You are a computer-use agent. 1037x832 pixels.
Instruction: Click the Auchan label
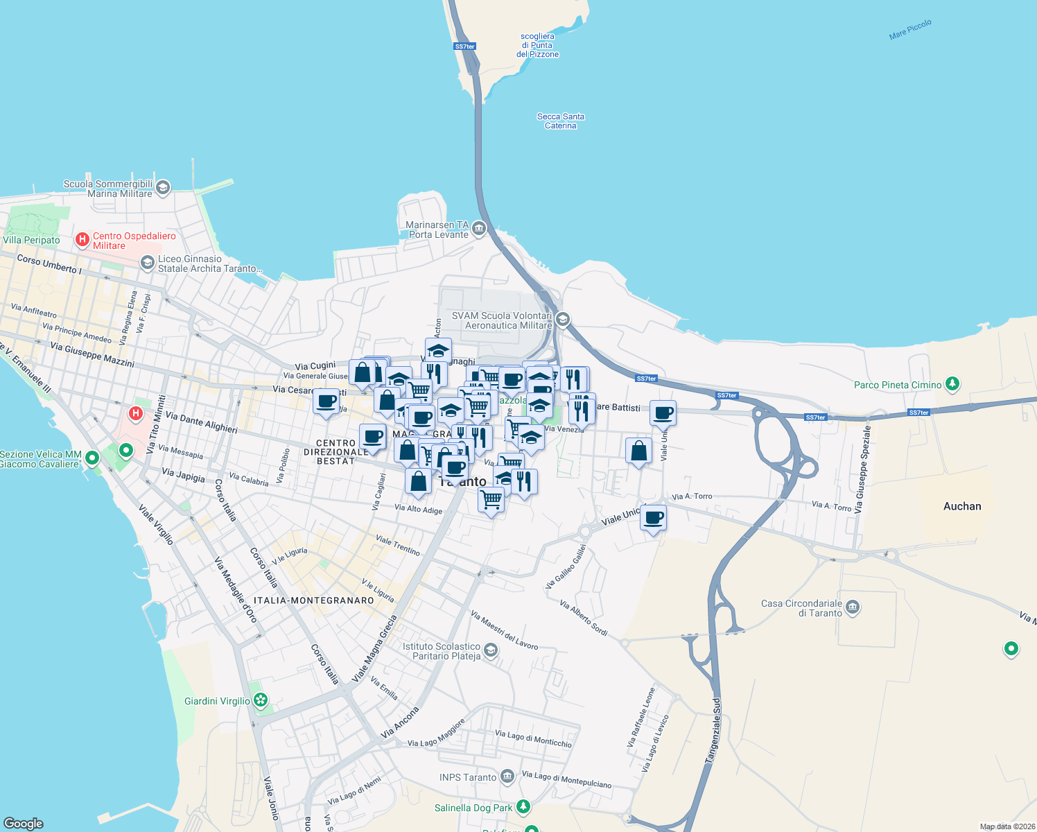(x=962, y=506)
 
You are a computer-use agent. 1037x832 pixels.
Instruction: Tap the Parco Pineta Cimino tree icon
(x=952, y=383)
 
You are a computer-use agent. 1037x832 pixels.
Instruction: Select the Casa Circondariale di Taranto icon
(x=853, y=607)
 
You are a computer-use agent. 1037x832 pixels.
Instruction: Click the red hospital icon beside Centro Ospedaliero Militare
(x=82, y=240)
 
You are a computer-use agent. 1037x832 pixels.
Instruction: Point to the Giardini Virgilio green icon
(x=261, y=700)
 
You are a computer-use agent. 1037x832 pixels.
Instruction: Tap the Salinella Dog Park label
(x=473, y=808)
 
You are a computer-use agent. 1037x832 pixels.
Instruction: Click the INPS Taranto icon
(x=507, y=777)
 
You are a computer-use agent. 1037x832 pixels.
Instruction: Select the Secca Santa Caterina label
(x=561, y=121)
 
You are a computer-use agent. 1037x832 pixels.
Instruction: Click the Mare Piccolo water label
(x=910, y=30)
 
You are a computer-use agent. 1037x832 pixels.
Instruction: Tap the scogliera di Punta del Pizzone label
(x=537, y=45)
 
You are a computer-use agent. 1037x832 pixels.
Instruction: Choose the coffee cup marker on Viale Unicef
(x=653, y=518)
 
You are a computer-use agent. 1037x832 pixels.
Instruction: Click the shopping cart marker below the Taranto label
(x=491, y=499)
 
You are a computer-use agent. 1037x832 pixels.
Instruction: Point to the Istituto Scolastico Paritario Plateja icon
(x=491, y=650)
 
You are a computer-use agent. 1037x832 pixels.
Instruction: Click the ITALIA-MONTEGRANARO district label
(x=314, y=600)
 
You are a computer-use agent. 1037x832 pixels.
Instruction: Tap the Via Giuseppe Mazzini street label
(x=92, y=355)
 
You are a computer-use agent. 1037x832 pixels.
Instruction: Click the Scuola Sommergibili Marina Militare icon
(x=163, y=187)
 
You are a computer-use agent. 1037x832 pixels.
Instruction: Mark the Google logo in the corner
(x=23, y=823)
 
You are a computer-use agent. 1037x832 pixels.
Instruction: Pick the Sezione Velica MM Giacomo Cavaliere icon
(x=91, y=458)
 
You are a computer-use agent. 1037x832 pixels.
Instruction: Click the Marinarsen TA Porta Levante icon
(x=478, y=229)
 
